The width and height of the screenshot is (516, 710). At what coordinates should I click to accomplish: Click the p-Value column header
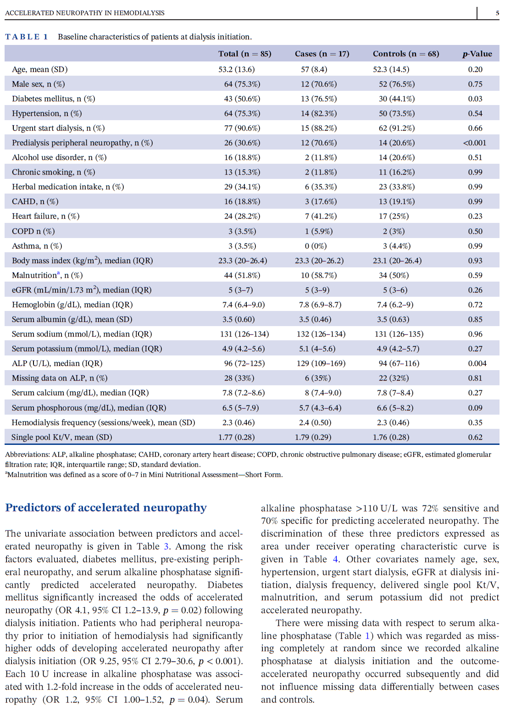[477, 54]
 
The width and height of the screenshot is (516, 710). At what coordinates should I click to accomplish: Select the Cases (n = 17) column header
[322, 54]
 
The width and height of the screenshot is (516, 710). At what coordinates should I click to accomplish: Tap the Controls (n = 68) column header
[406, 54]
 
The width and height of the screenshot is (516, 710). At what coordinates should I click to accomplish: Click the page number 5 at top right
[497, 13]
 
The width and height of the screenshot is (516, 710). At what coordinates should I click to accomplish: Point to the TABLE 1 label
[27, 37]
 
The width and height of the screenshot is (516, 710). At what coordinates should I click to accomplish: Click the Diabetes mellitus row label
[53, 99]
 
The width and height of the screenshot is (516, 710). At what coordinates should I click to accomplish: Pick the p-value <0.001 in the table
[475, 143]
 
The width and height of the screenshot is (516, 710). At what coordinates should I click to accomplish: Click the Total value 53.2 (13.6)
[236, 69]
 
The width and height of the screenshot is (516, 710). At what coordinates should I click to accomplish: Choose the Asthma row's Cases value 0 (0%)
[316, 246]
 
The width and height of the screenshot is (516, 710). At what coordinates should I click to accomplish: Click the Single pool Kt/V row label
[61, 437]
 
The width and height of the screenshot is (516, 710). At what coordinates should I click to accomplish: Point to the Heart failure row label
[45, 216]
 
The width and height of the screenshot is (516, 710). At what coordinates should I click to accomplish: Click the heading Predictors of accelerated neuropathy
[106, 508]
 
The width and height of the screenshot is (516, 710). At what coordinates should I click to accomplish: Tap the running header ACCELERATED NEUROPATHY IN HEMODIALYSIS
[84, 13]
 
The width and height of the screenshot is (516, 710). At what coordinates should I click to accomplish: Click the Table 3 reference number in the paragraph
[166, 546]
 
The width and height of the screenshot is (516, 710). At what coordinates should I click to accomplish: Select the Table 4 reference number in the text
[336, 559]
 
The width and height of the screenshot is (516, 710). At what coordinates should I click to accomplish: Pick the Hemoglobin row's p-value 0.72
[475, 305]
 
